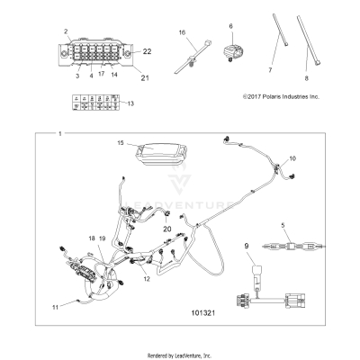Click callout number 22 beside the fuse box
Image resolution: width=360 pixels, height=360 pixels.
click(x=148, y=51)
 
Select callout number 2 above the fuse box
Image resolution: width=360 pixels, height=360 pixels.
click(x=65, y=31)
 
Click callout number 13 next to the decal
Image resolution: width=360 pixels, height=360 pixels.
click(x=131, y=104)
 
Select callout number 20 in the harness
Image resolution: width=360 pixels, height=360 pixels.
click(x=166, y=229)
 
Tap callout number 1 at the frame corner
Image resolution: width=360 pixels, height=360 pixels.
click(x=60, y=134)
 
